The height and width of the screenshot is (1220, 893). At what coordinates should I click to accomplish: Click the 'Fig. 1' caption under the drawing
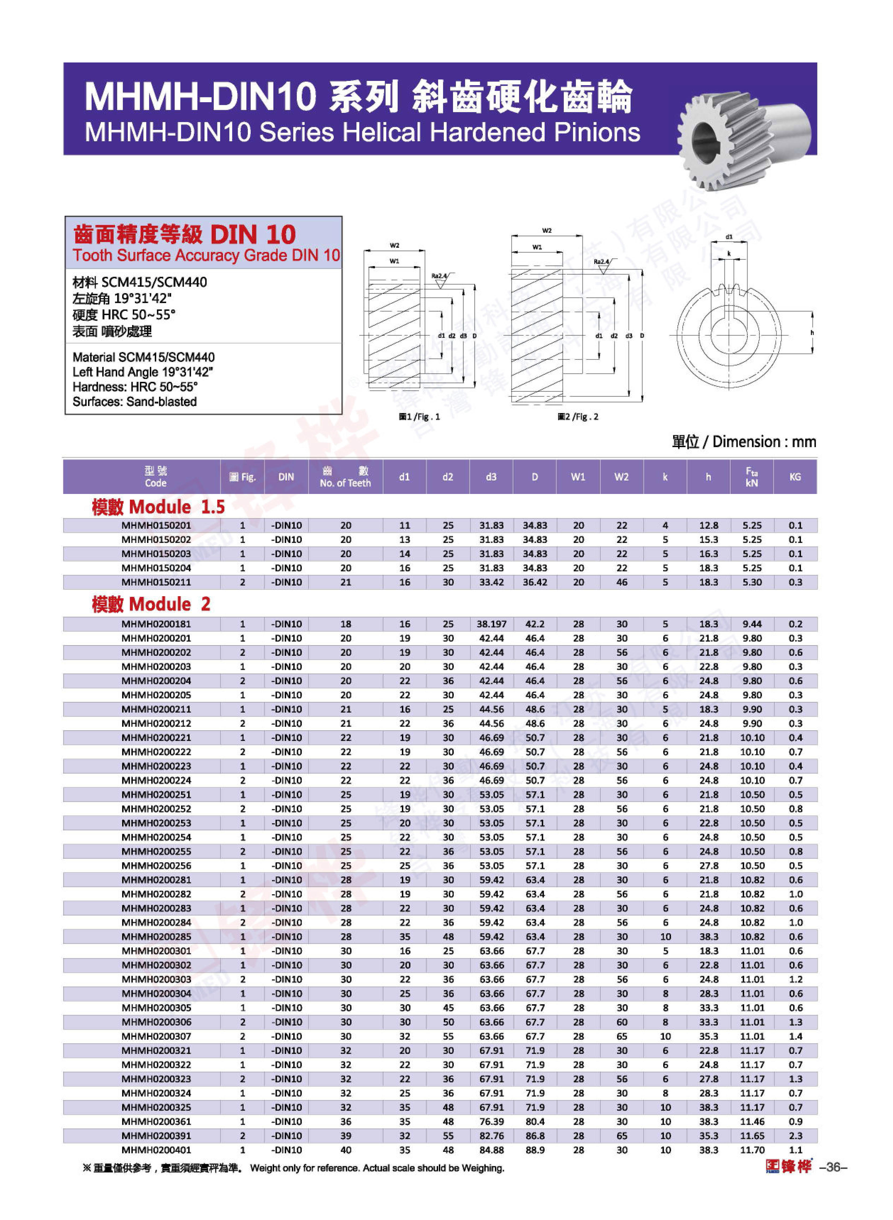click(419, 417)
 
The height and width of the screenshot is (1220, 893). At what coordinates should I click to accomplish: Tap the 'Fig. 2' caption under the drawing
click(578, 417)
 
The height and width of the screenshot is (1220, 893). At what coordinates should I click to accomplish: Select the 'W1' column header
click(578, 477)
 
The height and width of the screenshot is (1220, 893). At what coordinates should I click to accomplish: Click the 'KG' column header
click(795, 477)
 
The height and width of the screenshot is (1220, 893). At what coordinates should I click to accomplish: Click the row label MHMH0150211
click(156, 582)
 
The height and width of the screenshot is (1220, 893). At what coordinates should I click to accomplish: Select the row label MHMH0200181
click(156, 624)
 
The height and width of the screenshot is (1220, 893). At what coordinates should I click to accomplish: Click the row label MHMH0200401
click(156, 1150)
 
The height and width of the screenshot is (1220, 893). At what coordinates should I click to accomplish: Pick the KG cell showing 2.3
click(795, 1136)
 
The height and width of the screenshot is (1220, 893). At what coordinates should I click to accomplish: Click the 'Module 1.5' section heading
click(158, 507)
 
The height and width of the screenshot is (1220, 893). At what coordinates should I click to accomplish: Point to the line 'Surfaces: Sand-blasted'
click(135, 402)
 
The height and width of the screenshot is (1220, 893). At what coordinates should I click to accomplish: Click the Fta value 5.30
click(751, 582)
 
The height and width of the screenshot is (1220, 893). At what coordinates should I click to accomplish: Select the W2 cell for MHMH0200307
click(622, 1036)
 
